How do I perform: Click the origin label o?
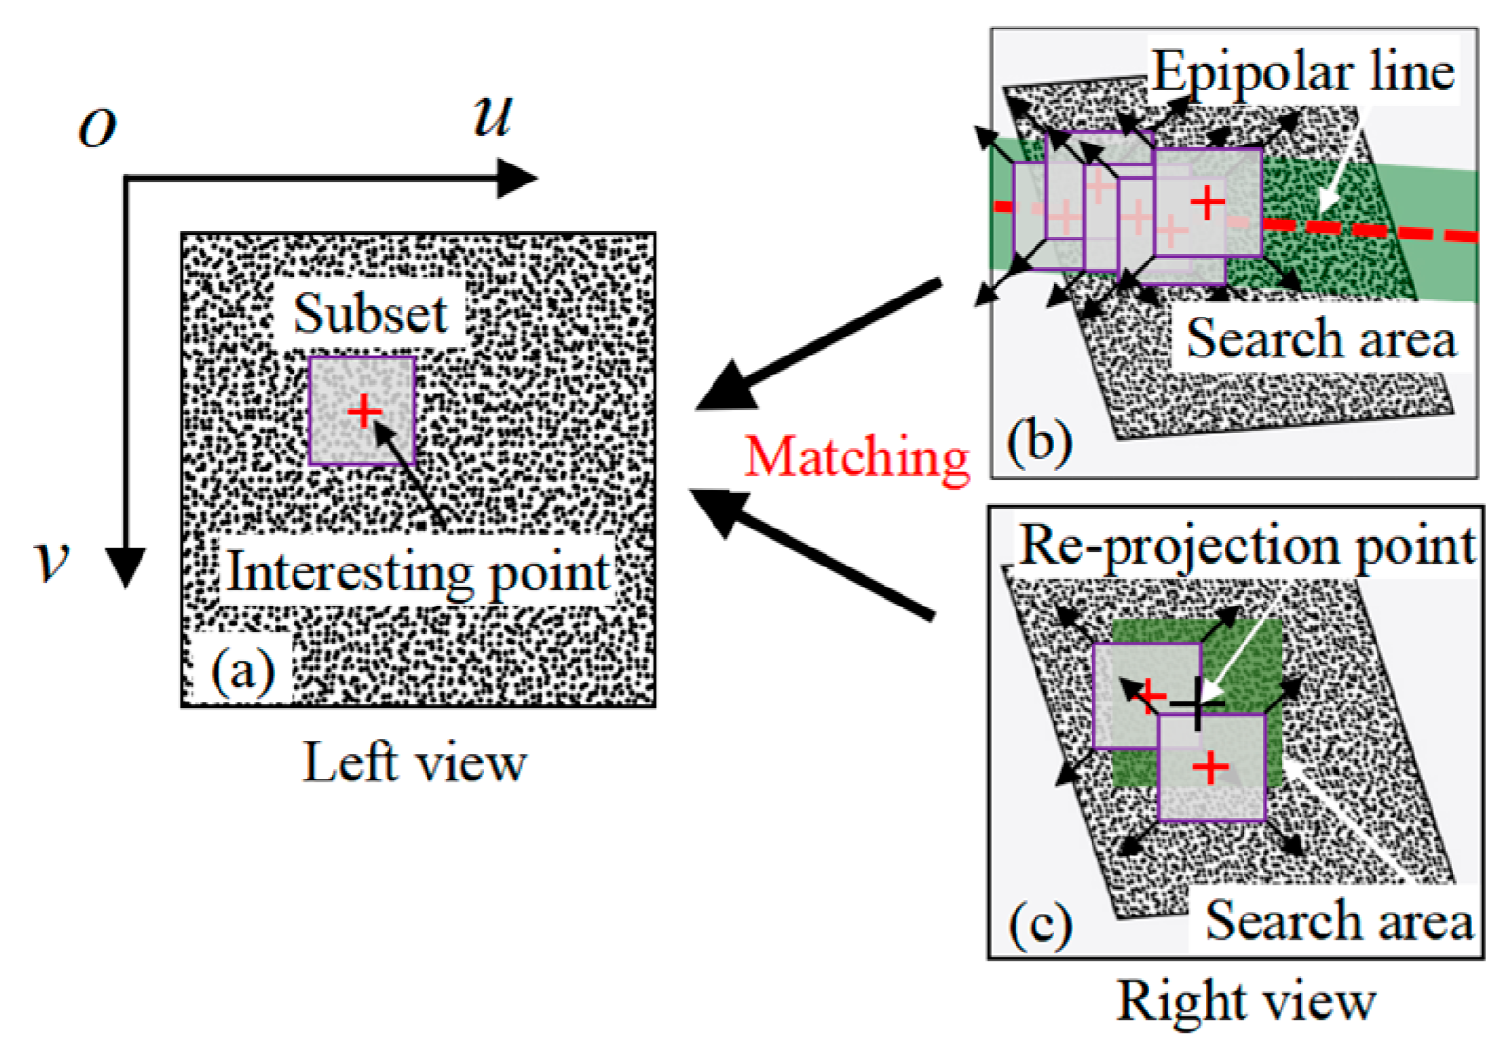[x=97, y=127]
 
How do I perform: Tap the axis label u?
[x=493, y=116]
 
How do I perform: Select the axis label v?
[x=52, y=561]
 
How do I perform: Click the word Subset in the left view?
[x=370, y=314]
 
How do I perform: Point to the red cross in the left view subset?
[x=363, y=412]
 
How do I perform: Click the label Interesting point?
[x=418, y=572]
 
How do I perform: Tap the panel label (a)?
[x=242, y=671]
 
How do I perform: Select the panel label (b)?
[x=1039, y=442]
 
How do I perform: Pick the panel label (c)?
[x=1040, y=924]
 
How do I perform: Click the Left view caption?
[x=414, y=763]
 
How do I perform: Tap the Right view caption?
[x=1245, y=1002]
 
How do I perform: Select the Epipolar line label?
[x=1303, y=72]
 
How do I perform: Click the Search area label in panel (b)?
[x=1321, y=339]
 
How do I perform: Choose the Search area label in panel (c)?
[x=1339, y=920]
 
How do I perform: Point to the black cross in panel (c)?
[x=1196, y=704]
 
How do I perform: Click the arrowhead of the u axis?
[x=519, y=179]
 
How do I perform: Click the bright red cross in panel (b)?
[x=1207, y=202]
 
